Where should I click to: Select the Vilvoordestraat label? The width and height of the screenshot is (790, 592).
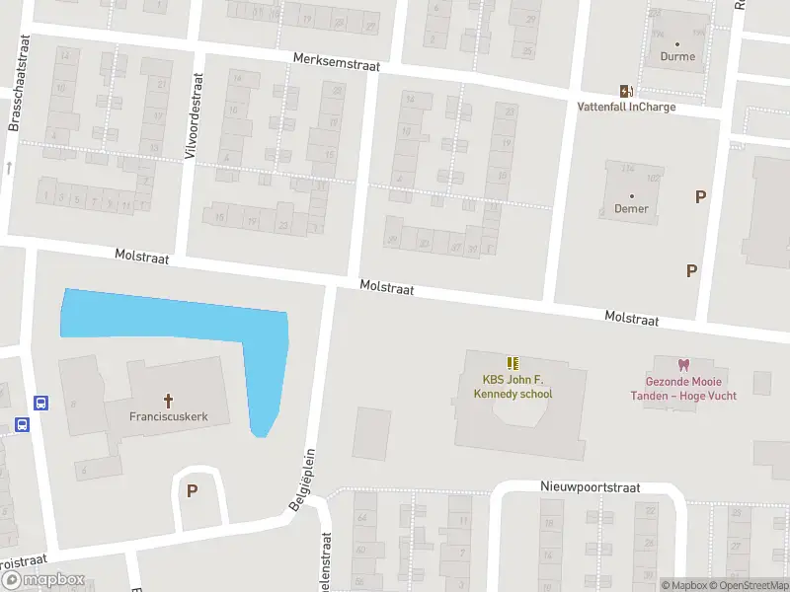coord(195,105)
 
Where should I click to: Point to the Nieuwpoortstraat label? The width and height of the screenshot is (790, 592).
coord(590,487)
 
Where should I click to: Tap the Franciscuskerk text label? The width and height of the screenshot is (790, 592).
coord(168,416)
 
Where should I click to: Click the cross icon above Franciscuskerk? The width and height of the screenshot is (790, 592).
coord(168,400)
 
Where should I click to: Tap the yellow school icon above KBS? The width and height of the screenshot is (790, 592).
coord(513,363)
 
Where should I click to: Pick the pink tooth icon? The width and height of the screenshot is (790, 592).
coord(680,364)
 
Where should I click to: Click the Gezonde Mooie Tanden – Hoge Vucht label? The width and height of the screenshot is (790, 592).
coord(680,389)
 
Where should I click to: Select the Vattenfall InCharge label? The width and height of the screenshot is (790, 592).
coord(626,107)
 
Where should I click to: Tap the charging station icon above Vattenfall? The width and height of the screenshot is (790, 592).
coord(625,90)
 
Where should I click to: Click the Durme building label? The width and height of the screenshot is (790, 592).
coord(677,56)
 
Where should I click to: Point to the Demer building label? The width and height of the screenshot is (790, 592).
coord(631,208)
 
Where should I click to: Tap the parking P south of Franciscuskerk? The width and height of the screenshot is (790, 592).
coord(193,490)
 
